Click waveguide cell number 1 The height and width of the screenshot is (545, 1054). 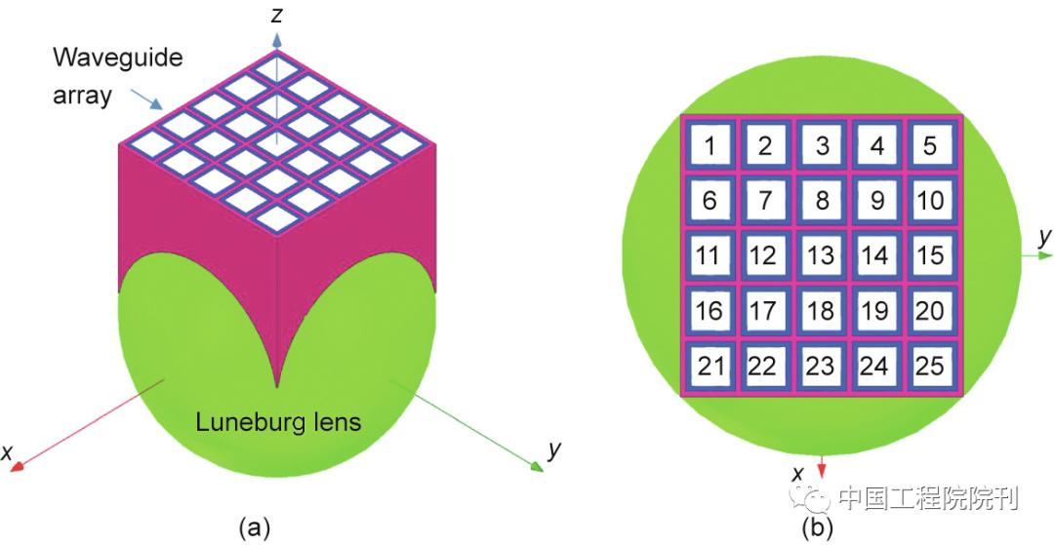point(710,146)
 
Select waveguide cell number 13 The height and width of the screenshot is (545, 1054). point(821,255)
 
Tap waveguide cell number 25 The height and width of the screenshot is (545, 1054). point(931,367)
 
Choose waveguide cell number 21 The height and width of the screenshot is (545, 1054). point(710,367)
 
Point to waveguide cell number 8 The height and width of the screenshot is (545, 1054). point(822,201)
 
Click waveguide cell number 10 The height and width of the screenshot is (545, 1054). point(931,201)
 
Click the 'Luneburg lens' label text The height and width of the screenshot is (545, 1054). point(278,423)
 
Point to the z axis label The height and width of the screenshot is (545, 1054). point(278,16)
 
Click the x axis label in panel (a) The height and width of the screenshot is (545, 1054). point(8,453)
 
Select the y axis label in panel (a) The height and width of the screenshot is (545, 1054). point(553,449)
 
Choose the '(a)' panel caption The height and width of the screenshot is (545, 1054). point(253,527)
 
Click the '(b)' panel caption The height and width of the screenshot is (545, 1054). point(816,527)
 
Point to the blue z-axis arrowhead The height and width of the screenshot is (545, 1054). point(278,40)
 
